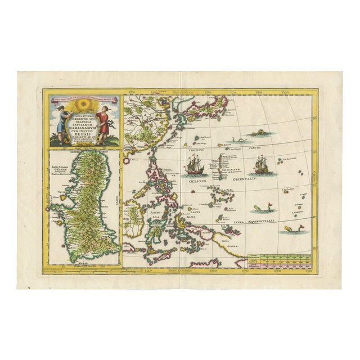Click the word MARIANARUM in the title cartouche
point(83,127)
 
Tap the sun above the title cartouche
point(82,107)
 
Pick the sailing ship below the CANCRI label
point(260,164)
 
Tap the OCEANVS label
point(196,181)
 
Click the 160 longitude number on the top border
point(208,92)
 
